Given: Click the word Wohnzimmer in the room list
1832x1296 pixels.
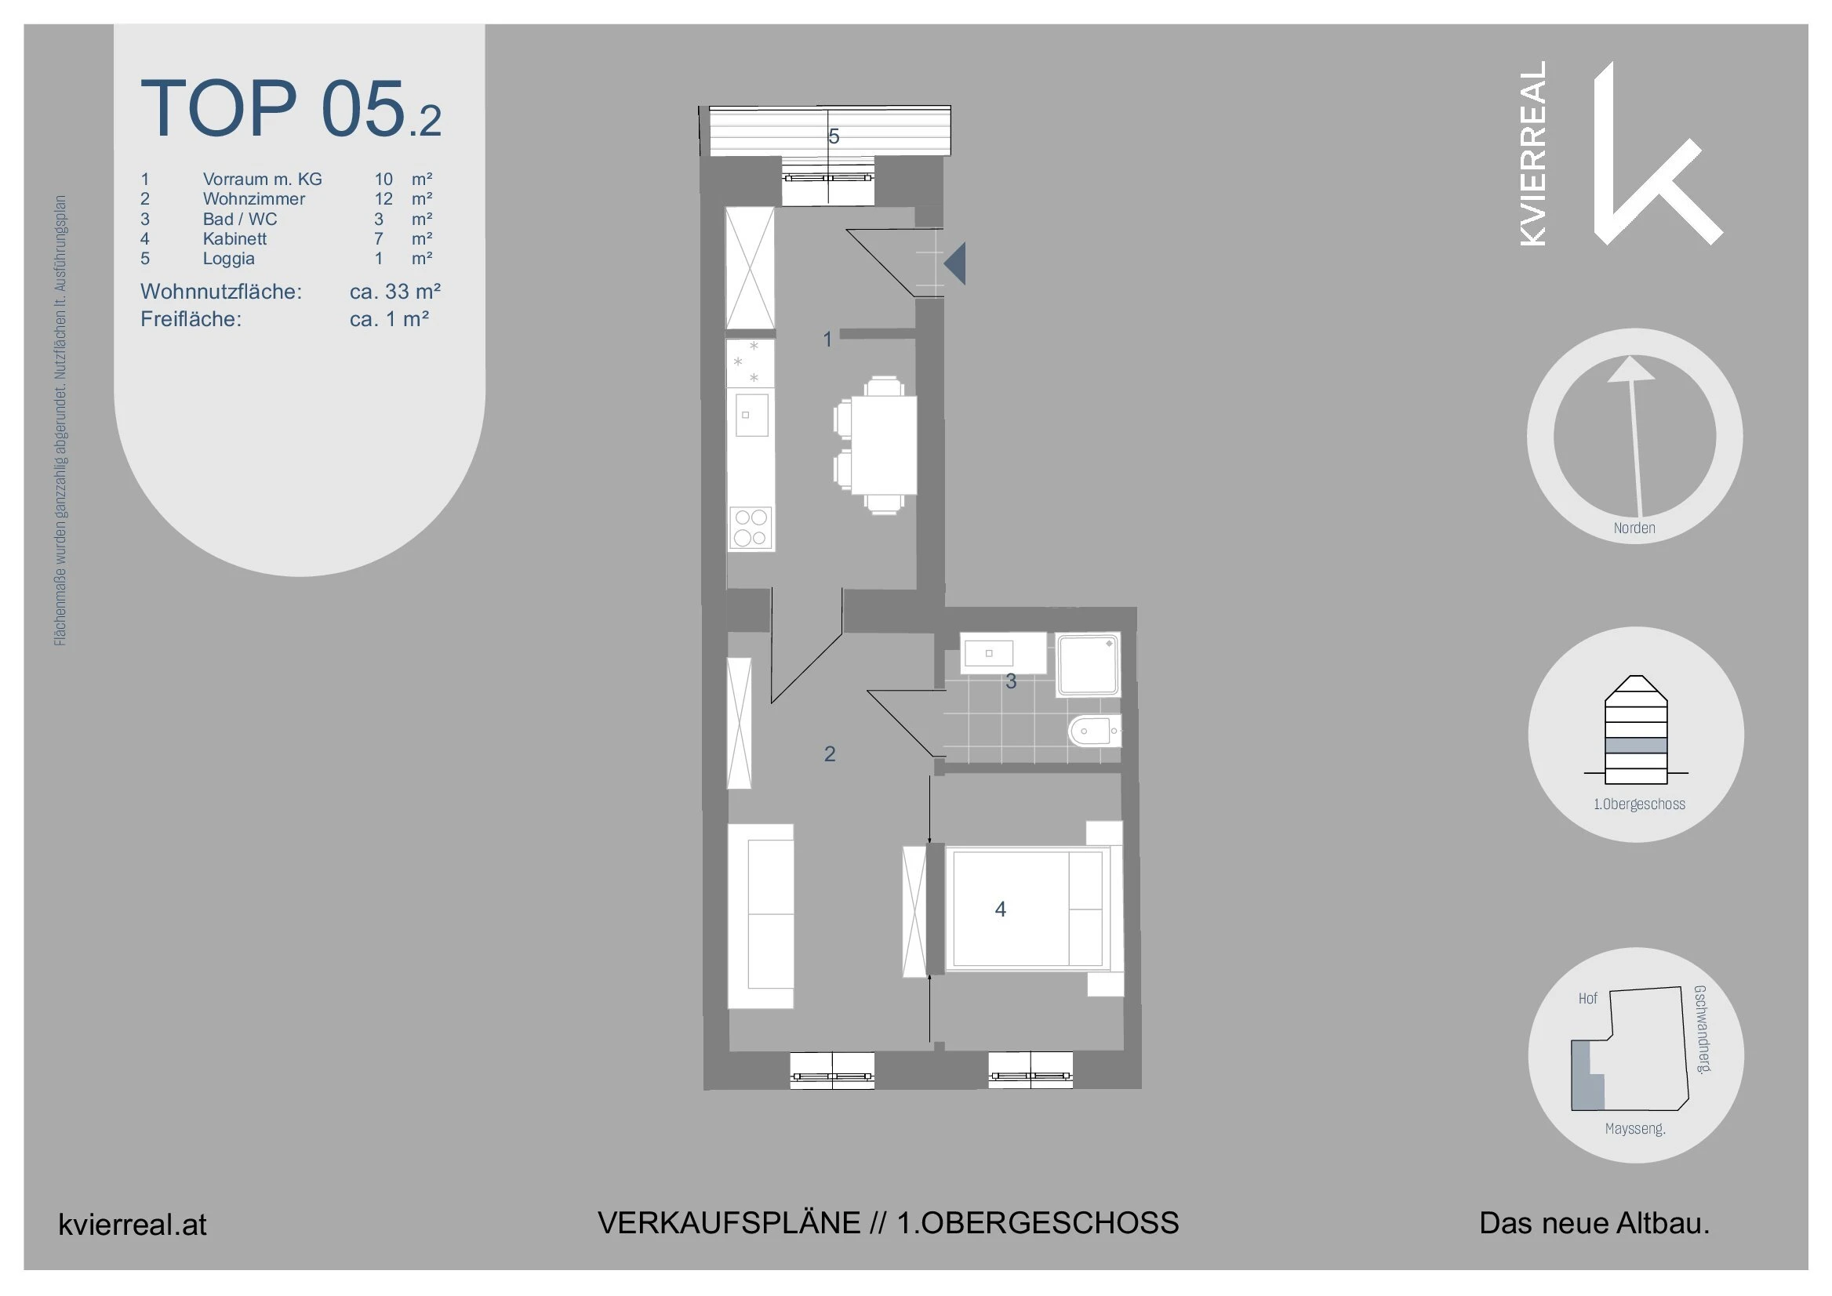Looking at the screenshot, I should tap(253, 198).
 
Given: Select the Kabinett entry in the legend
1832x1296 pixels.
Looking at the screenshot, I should tap(234, 238).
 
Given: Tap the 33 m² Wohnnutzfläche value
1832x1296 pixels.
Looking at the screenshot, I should tap(395, 292).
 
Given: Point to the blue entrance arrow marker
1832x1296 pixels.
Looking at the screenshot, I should tap(955, 263).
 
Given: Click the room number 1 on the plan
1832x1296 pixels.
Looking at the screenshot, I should tap(828, 339).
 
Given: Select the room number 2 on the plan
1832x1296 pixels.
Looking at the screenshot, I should tap(830, 753).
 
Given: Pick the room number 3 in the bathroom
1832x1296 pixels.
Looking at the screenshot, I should tap(1011, 681).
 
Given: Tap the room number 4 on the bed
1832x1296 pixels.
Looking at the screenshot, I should tap(1000, 909).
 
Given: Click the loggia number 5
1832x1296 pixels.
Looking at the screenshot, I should tap(834, 136).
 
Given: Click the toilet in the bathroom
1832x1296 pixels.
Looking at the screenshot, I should tap(1093, 730).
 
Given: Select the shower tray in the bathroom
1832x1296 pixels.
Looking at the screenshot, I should tap(1088, 665).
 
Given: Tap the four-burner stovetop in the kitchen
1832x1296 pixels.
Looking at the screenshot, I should tap(751, 528).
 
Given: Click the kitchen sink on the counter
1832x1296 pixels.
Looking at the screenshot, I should tap(751, 414).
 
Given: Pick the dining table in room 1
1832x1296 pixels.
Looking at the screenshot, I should tap(883, 445).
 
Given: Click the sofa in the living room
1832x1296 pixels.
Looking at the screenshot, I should tap(761, 915).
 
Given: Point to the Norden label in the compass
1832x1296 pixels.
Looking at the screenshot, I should tap(1634, 528).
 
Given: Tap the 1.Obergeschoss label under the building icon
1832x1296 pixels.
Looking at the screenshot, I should tap(1639, 804).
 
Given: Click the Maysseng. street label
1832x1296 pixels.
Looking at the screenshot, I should tap(1635, 1129).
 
